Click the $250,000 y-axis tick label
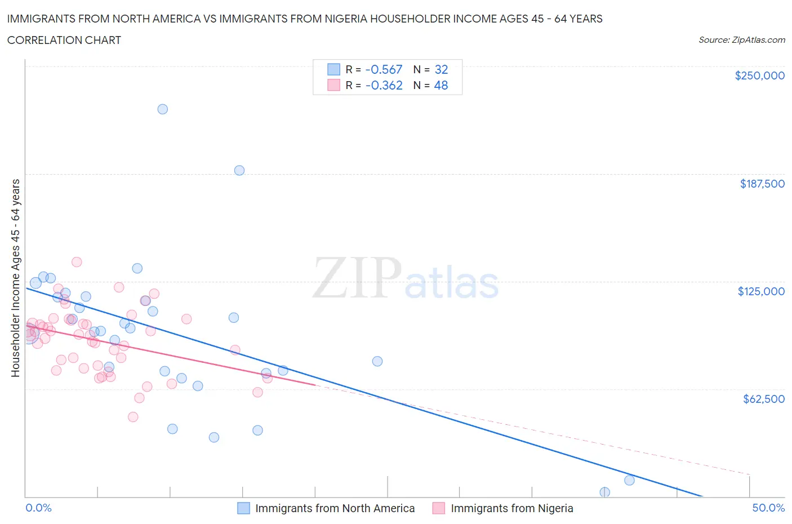tap(759, 76)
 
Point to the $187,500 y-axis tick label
tap(762, 184)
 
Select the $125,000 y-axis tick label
tap(760, 291)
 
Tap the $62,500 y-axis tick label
tap(763, 399)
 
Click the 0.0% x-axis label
tap(38, 508)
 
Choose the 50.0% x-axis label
tap(768, 508)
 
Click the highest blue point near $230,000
tap(162, 109)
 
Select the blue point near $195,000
tap(239, 170)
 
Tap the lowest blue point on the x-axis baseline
tap(604, 492)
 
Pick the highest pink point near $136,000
tap(77, 262)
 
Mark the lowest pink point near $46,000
tap(133, 417)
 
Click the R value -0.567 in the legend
tap(384, 69)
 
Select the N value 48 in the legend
tap(441, 85)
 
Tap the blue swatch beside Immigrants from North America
tap(243, 508)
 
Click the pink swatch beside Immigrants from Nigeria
tap(439, 508)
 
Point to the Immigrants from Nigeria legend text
tap(511, 508)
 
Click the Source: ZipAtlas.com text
tap(741, 40)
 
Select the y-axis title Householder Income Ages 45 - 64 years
tap(16, 278)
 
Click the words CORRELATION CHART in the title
tap(64, 40)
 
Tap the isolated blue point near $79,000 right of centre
tap(377, 361)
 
